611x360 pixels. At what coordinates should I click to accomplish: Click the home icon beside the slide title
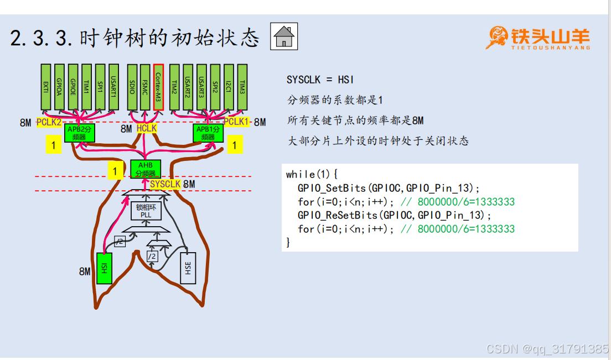284,37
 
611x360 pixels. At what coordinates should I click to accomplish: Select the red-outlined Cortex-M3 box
158,86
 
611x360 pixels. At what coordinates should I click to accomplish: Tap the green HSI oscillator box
104,268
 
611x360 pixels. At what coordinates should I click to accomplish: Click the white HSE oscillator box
188,268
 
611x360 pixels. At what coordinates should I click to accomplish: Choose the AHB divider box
146,169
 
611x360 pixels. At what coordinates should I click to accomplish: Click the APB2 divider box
80,133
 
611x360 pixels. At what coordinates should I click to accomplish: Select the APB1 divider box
208,133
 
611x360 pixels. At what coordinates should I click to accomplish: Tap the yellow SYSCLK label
165,184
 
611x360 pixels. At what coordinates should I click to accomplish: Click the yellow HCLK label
147,128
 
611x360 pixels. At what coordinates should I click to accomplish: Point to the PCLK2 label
49,122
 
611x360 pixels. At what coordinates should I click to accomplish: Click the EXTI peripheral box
46,86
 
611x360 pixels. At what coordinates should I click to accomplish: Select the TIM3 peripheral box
242,86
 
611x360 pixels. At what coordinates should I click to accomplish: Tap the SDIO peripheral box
132,86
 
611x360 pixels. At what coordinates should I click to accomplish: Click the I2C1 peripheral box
229,86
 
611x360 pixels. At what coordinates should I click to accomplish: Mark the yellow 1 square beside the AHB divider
115,171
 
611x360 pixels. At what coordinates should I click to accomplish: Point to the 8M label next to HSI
85,272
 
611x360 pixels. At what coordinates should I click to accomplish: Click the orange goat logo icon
496,37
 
